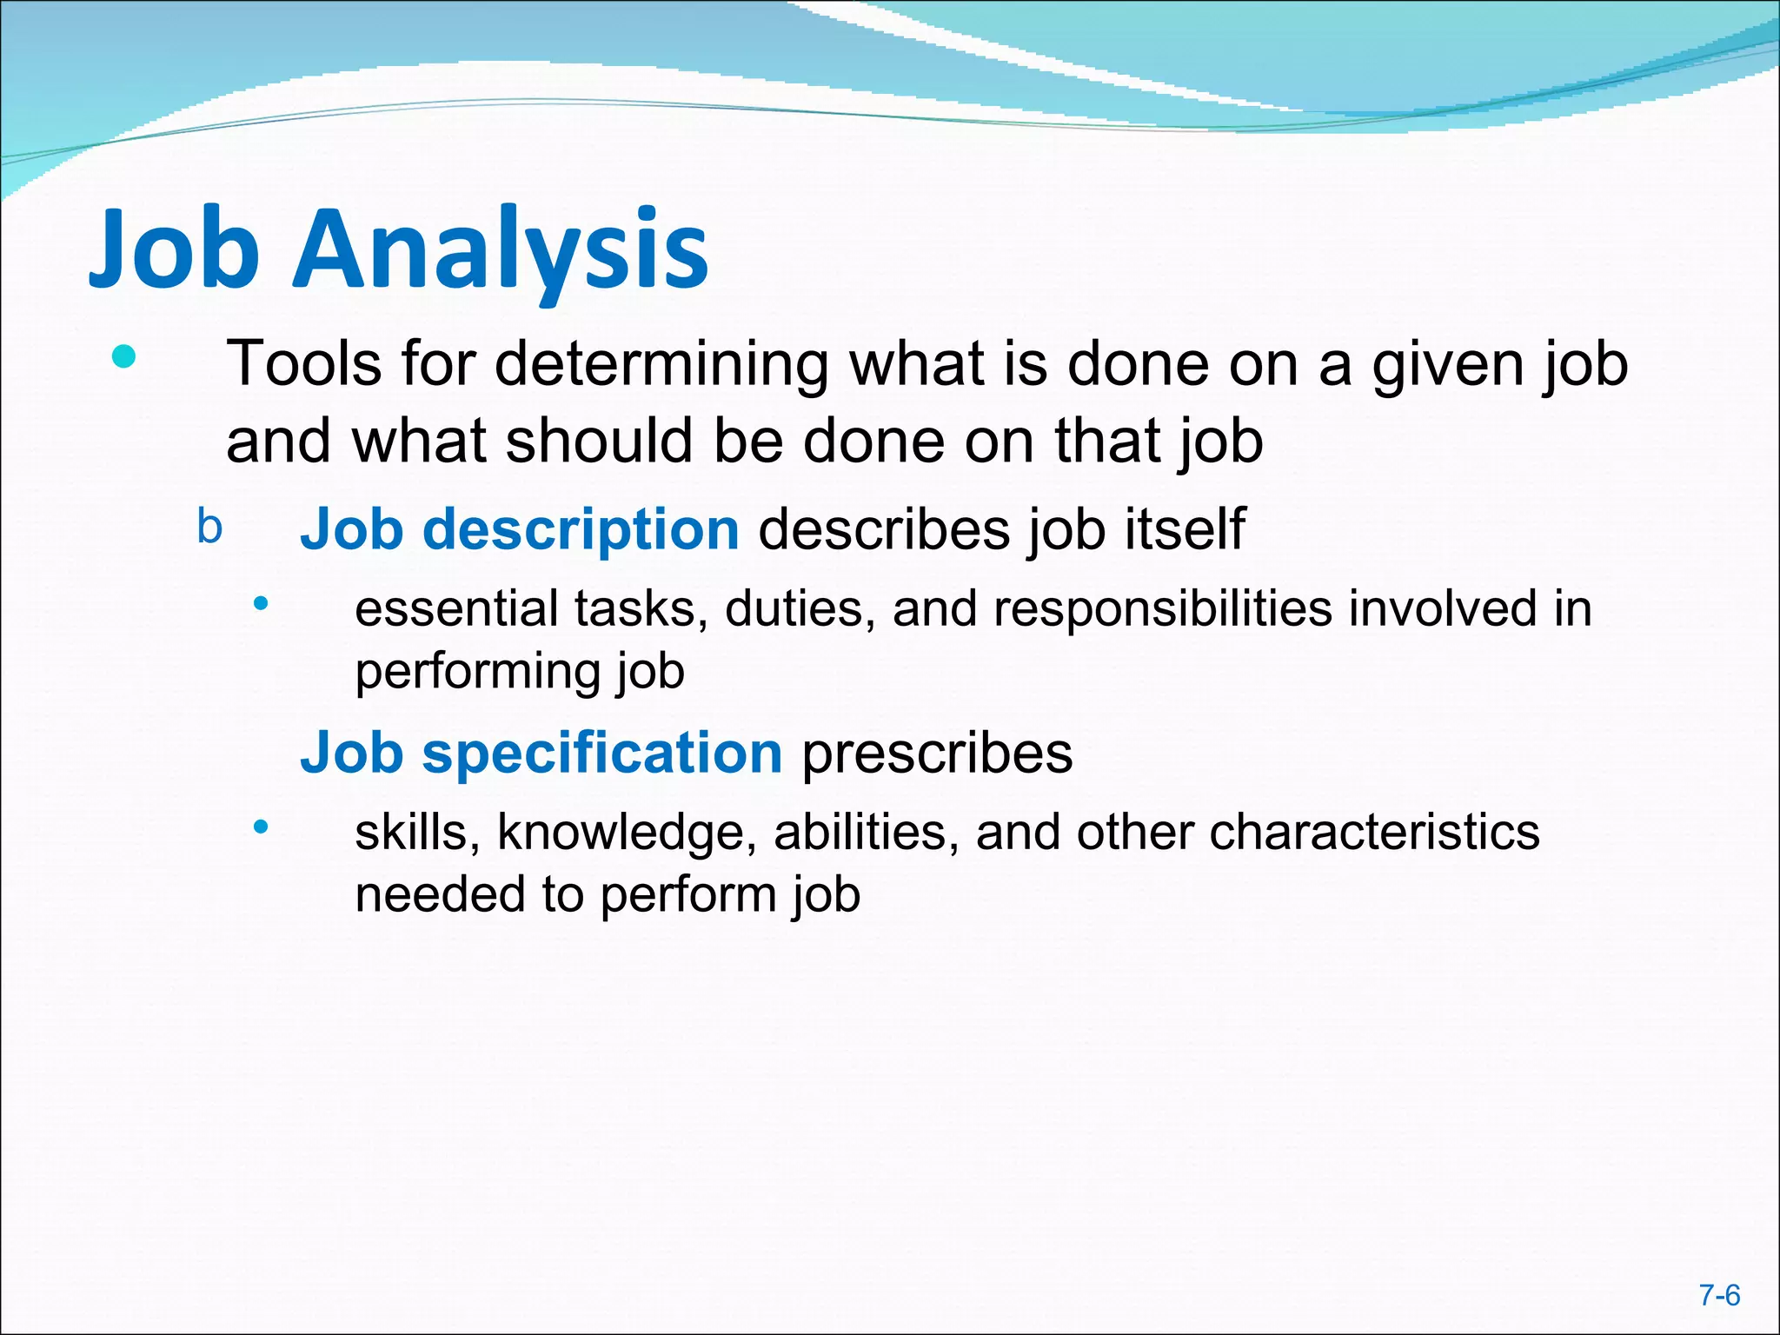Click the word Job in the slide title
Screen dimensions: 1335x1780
pos(174,249)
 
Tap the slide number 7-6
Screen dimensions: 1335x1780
pos(1719,1296)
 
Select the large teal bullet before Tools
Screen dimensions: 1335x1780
pos(124,356)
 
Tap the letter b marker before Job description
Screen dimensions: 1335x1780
pos(209,527)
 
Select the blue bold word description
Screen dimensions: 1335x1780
pos(580,529)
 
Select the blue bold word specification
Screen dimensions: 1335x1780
pos(601,753)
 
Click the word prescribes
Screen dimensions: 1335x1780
pos(937,753)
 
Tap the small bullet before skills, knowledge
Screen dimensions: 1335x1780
pos(261,827)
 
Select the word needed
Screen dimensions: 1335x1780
pos(440,894)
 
